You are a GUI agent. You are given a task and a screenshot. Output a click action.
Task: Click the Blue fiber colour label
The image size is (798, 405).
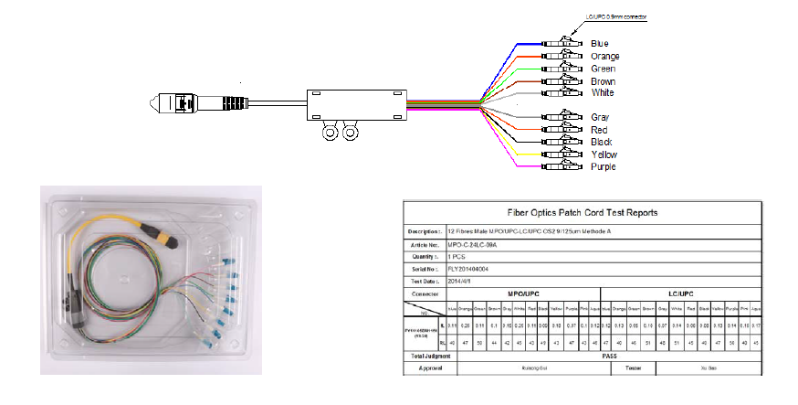[x=600, y=44]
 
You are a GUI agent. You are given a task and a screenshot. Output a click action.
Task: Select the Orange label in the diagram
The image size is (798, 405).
[x=605, y=57]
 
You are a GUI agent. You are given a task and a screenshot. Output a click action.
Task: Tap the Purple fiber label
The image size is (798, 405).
[x=604, y=167]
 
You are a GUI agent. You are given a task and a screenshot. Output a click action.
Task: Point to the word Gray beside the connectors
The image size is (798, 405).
[x=600, y=118]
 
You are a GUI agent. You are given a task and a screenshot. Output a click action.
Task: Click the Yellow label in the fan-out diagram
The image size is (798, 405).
[x=604, y=155]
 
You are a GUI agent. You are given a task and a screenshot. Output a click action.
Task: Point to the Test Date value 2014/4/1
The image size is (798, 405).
[x=465, y=285]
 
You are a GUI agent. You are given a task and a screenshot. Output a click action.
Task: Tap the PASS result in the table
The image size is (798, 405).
[x=608, y=357]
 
